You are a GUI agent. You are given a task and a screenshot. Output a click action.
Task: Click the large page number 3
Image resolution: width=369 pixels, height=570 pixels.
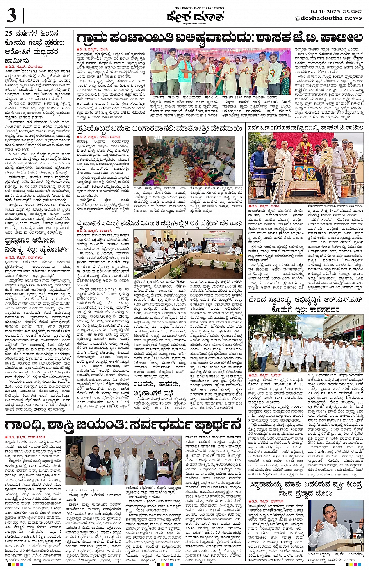point(11,16)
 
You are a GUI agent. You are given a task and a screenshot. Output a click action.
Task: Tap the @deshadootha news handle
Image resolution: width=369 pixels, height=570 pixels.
point(328,18)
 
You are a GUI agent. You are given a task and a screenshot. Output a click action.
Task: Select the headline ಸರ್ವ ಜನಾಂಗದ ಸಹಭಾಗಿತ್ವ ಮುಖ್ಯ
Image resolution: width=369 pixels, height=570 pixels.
point(306,128)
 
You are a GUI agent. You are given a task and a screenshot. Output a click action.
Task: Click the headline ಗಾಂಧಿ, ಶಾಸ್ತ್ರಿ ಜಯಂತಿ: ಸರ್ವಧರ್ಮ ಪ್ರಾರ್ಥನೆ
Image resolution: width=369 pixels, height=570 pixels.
point(123,425)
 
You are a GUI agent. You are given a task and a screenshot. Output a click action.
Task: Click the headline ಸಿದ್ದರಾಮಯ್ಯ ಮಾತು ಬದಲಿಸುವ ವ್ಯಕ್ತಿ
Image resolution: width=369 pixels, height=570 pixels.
point(306,488)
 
